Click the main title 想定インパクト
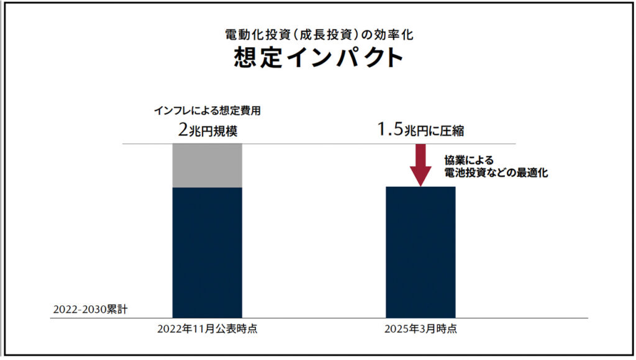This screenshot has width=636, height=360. point(318,58)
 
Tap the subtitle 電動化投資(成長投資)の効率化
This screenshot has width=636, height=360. point(318,34)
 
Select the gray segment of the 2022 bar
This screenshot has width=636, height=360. point(207,166)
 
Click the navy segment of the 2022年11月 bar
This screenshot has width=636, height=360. point(207,251)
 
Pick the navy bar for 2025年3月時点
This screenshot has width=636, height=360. point(420,251)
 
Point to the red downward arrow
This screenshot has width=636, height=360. point(420,163)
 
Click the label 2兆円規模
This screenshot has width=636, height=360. point(206,130)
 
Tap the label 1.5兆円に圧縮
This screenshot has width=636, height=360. point(420,130)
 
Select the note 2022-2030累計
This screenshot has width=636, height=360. point(90,308)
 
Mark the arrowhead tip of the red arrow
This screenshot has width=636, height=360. point(420,184)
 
